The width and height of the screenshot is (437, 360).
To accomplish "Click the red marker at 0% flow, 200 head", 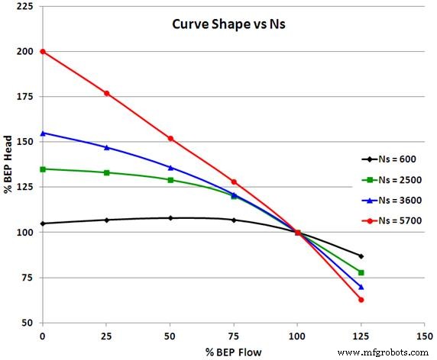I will [x=43, y=52].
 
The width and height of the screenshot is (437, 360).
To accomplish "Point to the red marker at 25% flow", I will [x=106, y=93].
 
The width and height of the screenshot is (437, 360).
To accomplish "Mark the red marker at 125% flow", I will [x=361, y=300].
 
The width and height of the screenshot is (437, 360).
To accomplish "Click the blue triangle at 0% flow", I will [x=43, y=133].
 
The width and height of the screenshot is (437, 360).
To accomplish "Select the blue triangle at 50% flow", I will [x=170, y=167].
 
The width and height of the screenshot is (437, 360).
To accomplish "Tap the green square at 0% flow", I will [x=43, y=169].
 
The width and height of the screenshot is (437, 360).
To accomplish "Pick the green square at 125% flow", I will [x=361, y=272].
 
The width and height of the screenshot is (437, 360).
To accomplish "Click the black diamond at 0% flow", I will [x=43, y=223].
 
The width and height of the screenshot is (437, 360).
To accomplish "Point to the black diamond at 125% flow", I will [x=361, y=256].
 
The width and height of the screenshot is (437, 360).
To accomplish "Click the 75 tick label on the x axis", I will [x=234, y=335].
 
